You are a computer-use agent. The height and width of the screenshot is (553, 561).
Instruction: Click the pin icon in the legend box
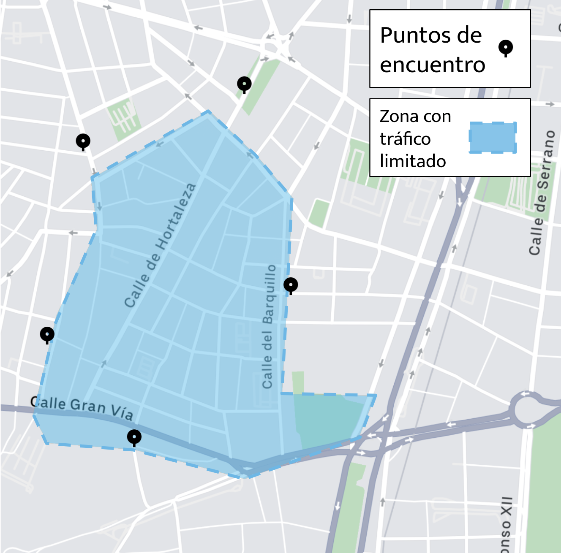(505, 47)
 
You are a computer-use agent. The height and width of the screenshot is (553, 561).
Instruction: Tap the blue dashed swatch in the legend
(493, 138)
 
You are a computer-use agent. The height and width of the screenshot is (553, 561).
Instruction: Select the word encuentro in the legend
(433, 65)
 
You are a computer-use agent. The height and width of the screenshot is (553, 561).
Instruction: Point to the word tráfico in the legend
(405, 139)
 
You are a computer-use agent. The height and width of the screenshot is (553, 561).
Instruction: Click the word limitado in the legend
(413, 161)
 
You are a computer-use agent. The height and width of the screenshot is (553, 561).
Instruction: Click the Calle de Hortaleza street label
(160, 245)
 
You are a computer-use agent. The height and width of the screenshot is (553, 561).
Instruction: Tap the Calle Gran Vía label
(82, 407)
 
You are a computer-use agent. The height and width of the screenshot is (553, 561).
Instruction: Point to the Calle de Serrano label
(542, 192)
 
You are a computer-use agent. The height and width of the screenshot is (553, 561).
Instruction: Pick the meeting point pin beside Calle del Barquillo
(291, 285)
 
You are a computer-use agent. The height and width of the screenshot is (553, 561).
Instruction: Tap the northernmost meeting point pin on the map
(244, 84)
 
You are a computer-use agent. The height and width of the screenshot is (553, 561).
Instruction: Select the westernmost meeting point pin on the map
(47, 334)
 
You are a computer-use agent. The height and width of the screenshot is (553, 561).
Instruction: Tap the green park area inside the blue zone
(330, 418)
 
